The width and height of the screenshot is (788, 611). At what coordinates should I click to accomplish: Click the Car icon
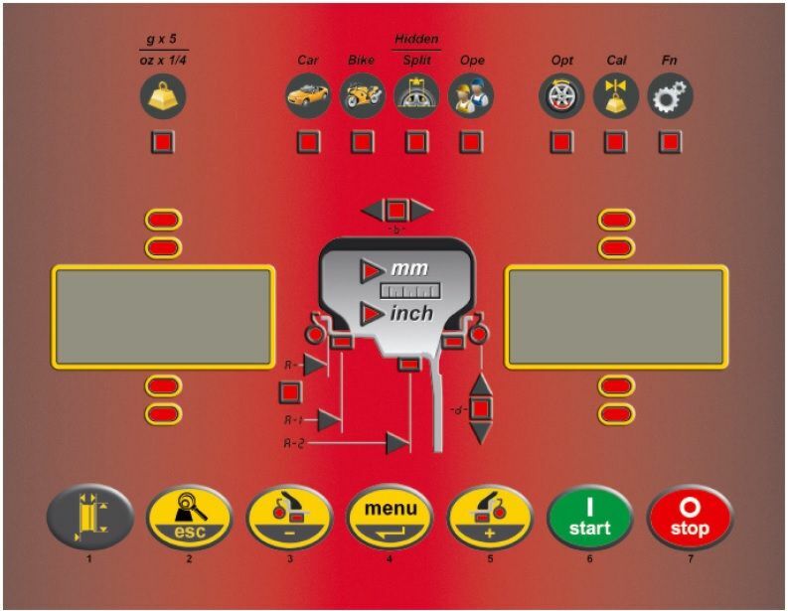(x=308, y=96)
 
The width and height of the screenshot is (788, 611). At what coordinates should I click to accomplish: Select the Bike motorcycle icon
(x=361, y=96)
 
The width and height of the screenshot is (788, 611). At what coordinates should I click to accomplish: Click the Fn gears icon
(x=671, y=96)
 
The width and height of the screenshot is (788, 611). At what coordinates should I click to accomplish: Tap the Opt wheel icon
(x=561, y=96)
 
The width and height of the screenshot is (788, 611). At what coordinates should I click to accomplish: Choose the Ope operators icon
(x=471, y=96)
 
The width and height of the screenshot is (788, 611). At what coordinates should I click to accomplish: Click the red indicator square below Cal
(x=616, y=143)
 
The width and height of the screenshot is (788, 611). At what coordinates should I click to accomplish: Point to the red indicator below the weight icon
(x=163, y=143)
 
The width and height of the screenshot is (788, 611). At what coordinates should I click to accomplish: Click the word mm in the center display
(x=408, y=269)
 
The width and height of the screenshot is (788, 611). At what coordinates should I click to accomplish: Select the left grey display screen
(x=163, y=317)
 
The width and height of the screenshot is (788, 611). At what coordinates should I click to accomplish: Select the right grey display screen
(x=616, y=317)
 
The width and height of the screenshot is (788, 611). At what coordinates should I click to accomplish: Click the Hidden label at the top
(x=416, y=39)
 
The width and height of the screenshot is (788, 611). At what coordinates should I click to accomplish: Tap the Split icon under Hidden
(x=416, y=96)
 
